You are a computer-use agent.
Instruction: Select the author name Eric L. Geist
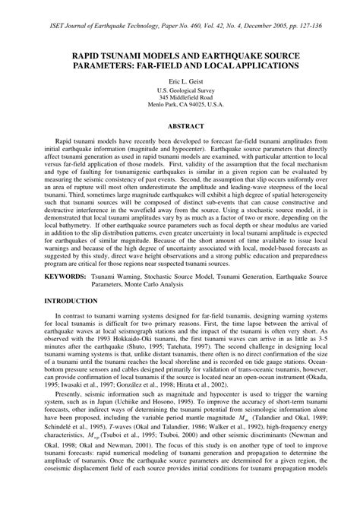180,80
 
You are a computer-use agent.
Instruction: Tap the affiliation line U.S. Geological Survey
180,90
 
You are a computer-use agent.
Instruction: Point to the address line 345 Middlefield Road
180,98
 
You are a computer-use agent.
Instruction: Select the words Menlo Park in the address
152,106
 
